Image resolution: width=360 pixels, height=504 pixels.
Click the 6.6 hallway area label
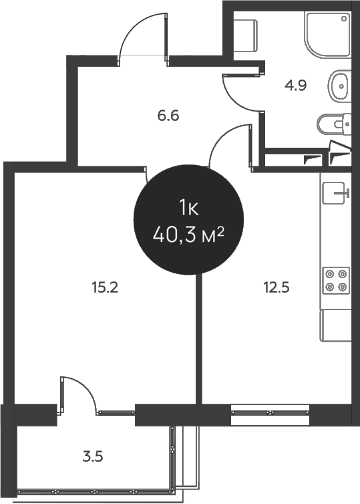[x=168, y=116]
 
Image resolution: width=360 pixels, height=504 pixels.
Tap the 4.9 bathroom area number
[x=295, y=86]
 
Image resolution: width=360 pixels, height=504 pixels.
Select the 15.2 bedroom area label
[x=105, y=287]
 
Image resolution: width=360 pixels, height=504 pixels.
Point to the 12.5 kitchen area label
[x=277, y=287]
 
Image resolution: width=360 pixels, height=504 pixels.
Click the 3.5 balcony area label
[x=93, y=457]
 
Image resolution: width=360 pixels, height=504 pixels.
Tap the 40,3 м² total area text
[x=188, y=235]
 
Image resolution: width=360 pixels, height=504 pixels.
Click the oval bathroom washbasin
[x=339, y=86]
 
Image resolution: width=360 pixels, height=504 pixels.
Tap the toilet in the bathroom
[x=334, y=124]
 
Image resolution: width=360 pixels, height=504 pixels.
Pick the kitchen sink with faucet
[x=335, y=193]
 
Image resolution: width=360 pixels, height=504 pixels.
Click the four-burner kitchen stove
[x=336, y=280]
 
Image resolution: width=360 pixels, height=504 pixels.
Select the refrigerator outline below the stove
[x=335, y=325]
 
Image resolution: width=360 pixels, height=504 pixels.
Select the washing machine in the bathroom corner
[x=245, y=35]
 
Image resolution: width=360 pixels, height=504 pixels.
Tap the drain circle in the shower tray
[x=344, y=19]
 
